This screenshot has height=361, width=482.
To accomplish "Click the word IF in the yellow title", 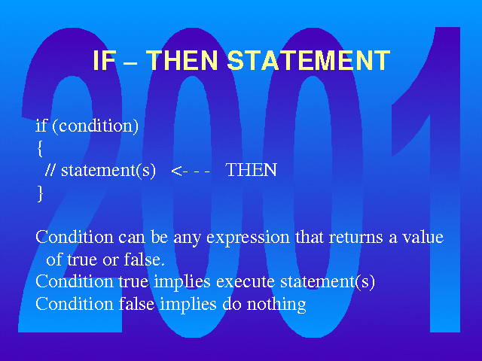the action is coord(104,60).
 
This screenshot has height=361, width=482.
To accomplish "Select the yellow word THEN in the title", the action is coord(182,60).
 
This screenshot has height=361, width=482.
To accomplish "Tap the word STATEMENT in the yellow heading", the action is coord(309,60).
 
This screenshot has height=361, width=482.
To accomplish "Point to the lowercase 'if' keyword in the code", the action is coord(41,126).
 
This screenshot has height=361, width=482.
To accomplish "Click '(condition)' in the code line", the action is coord(96,126).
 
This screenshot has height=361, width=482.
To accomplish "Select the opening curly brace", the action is coord(40,149).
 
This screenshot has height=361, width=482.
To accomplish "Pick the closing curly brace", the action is coord(40,193).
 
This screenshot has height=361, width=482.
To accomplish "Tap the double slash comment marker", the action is coord(50,170).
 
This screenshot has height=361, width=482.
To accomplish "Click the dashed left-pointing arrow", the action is coord(191,171).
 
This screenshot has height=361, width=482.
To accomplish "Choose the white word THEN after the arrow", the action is coord(251,170).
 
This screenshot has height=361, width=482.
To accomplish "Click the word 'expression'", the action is coord(248,238).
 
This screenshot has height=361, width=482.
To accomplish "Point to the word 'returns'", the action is coord(355,238).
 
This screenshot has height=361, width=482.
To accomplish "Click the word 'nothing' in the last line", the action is coord(276,305).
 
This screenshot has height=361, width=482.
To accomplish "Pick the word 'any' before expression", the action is coord(187,239).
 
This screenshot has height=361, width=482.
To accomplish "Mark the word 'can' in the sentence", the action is coord(131,238).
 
